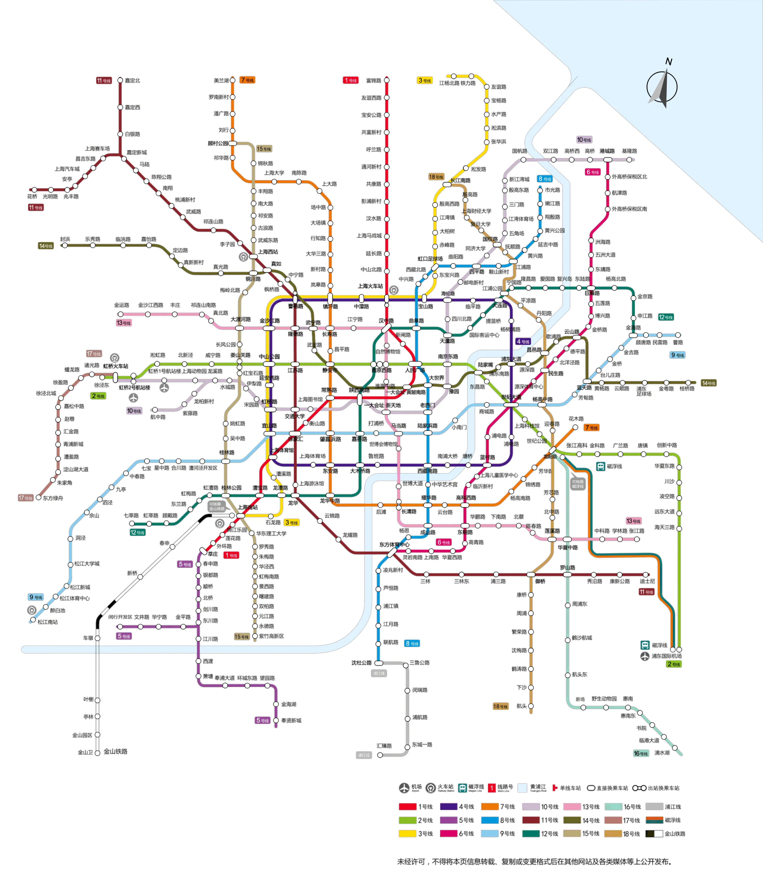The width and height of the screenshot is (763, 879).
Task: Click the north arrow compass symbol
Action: [661, 87]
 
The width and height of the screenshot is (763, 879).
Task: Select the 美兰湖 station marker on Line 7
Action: [232, 80]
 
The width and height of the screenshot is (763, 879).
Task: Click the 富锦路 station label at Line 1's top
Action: [373, 80]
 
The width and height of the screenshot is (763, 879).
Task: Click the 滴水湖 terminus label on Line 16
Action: [662, 753]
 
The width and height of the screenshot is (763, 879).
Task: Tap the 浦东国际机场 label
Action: [666, 656]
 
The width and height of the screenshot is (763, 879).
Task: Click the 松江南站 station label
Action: [47, 622]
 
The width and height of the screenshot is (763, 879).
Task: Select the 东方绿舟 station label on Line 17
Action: [53, 498]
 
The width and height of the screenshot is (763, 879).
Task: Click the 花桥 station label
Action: [32, 196]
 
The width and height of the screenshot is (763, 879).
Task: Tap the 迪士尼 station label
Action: [647, 581]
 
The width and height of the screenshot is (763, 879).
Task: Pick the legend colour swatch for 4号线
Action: [448, 806]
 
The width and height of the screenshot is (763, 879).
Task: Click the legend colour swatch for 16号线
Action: [613, 806]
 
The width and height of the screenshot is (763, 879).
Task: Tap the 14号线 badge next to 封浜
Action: [46, 246]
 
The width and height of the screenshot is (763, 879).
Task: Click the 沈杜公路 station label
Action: [361, 662]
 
